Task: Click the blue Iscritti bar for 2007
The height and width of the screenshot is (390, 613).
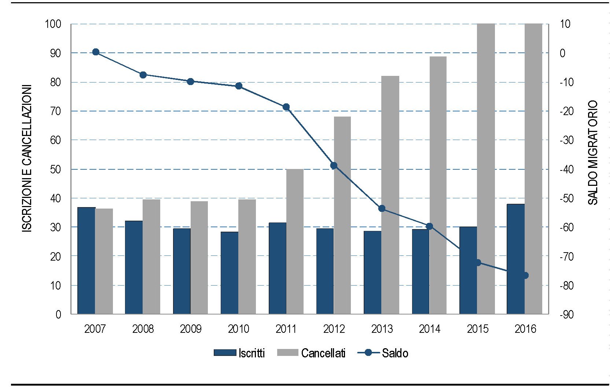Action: (x=86, y=261)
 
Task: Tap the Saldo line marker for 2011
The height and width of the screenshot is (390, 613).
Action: (x=286, y=107)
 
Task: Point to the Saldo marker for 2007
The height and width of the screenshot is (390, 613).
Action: (x=96, y=52)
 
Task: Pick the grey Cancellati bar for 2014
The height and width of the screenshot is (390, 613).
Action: (x=438, y=185)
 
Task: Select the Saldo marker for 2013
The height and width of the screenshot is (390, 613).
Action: (x=382, y=209)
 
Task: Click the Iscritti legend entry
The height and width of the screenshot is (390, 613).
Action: (x=239, y=353)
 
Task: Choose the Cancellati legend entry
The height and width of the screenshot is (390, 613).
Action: (x=312, y=353)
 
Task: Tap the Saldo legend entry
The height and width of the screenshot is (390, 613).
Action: (x=383, y=353)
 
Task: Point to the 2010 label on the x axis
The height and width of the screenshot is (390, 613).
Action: (x=238, y=329)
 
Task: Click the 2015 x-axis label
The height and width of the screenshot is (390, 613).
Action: (x=477, y=329)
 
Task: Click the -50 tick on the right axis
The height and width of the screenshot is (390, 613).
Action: (x=566, y=198)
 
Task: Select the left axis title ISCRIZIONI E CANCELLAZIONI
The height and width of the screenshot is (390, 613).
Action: (x=27, y=158)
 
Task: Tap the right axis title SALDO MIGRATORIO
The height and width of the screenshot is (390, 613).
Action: (x=593, y=152)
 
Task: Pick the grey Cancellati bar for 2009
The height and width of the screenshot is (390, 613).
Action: (x=199, y=257)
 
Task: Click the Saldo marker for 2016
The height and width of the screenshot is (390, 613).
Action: (x=525, y=275)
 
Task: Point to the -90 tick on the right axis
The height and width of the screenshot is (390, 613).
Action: (x=566, y=314)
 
